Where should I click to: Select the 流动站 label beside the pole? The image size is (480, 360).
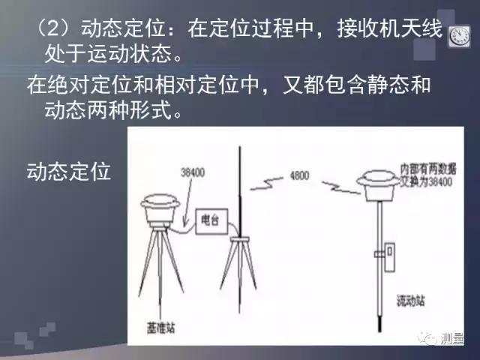(410, 300)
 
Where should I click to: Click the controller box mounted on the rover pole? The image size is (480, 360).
(388, 255)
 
